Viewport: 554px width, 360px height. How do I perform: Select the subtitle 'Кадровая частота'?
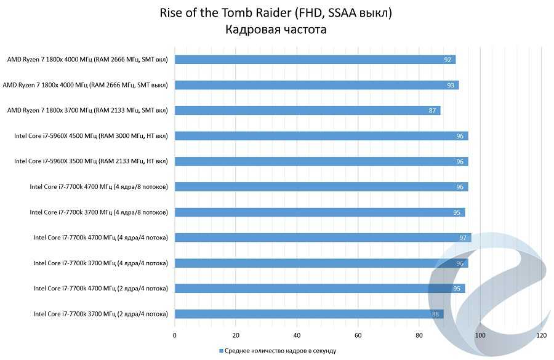pos(276,29)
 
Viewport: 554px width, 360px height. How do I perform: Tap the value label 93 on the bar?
pos(451,85)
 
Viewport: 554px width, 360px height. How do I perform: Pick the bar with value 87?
pos(308,111)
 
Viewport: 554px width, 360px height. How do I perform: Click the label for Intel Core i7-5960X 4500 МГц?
pos(90,136)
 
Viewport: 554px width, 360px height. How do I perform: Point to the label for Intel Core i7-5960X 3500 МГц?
pos(90,161)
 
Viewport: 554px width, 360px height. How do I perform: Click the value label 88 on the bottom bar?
pos(435,314)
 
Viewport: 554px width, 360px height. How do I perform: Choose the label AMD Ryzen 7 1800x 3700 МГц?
pos(87,111)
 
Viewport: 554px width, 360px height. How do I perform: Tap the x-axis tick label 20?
pos(236,336)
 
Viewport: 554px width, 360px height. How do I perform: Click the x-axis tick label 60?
pos(358,336)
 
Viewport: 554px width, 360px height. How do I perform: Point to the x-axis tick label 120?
pos(542,336)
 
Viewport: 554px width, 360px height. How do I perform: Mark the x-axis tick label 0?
pos(175,336)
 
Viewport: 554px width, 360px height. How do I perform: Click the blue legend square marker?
pos(220,351)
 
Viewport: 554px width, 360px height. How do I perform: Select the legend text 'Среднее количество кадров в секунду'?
pos(280,351)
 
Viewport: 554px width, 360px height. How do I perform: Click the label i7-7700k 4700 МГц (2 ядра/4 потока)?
pos(100,288)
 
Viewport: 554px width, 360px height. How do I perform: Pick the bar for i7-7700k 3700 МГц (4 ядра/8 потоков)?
pos(319,212)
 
